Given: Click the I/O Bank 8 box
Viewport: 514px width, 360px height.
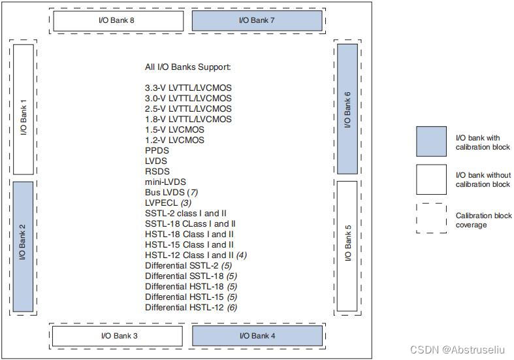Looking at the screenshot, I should coord(119,21).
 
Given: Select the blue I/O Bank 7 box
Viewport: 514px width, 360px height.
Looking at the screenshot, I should coord(257,21).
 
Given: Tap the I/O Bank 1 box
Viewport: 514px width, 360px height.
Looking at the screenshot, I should coord(23,109).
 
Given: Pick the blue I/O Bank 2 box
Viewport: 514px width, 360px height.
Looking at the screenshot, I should coord(23,246).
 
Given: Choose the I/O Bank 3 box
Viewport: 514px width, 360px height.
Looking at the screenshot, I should coord(119,336).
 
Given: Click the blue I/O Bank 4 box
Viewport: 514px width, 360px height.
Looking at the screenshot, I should coord(257,336).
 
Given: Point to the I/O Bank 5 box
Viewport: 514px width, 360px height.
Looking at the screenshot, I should coord(347,246).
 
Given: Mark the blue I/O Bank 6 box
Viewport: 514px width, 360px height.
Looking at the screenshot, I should coord(347,109).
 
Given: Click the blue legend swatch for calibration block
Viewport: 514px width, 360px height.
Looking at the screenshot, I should coord(431,141).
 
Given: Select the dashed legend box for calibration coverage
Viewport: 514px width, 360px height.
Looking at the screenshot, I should coord(431,218).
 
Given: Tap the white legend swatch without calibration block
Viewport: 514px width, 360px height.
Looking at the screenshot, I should coord(431,180).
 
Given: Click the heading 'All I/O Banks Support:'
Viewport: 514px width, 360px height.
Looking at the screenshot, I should coord(188,67).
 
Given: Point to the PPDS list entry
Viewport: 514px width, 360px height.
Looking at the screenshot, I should coord(157,150).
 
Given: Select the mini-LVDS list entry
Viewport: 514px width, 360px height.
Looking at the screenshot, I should coord(165,182).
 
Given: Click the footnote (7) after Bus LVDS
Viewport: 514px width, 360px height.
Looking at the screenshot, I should coord(192,192).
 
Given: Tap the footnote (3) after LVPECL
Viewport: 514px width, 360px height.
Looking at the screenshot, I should coord(185,203).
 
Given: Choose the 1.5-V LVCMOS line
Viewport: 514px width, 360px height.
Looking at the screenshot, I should coord(174,129).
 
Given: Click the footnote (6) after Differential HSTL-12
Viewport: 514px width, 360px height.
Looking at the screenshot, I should coord(232,307).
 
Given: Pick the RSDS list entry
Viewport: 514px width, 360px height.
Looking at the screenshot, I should coord(157,171).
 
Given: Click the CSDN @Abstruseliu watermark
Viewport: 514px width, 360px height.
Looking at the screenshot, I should coord(460,350).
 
